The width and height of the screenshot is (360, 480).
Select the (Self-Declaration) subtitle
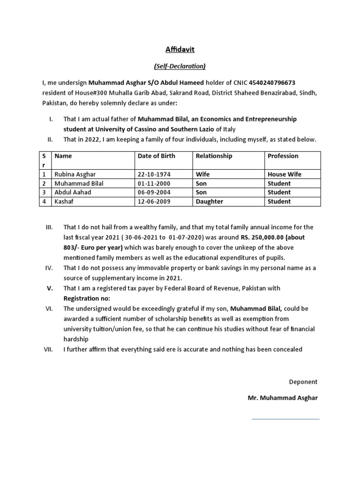180,66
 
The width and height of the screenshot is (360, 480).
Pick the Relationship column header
213,156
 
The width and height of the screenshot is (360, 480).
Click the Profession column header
283,156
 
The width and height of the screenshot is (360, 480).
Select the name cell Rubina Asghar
75,174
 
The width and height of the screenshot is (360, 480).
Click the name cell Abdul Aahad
73,192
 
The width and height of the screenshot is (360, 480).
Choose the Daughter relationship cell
209,202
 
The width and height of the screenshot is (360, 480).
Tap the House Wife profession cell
284,174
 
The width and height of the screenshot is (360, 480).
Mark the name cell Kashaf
64,202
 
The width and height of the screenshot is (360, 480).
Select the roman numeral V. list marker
50,289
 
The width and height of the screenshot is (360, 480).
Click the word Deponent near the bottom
303,382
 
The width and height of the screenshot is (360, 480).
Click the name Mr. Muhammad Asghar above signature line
282,398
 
